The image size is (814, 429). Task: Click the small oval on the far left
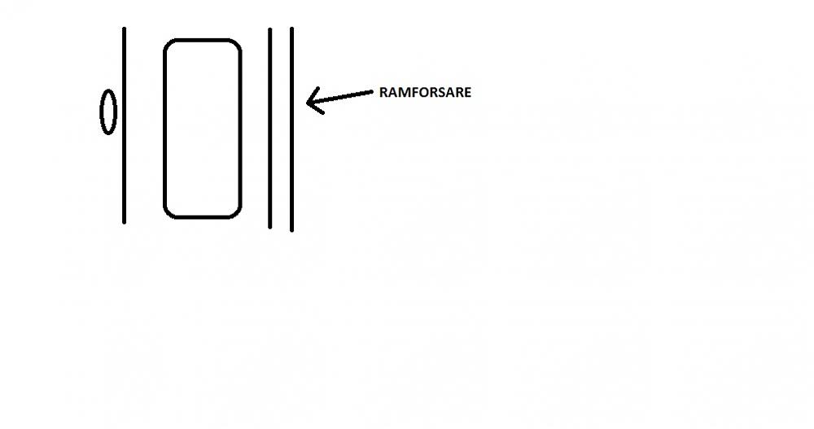108,112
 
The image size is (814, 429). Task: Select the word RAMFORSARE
425,93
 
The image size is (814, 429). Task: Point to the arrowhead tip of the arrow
308,103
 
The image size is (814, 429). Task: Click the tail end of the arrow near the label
372,92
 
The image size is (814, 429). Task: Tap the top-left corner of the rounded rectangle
165,41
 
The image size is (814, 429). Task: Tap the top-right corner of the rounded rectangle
240,41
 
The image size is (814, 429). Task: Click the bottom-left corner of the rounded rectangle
165,217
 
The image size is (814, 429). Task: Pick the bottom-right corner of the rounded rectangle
240,217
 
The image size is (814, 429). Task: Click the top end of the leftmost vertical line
124,28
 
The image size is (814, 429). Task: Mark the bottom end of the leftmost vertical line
124,223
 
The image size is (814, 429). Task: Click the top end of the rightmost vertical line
291,28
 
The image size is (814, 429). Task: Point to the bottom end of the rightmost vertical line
291,230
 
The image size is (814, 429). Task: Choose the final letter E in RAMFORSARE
467,93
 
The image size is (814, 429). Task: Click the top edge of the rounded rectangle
203,39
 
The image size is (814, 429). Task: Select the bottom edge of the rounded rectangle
203,217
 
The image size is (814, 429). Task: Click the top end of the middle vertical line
270,28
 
